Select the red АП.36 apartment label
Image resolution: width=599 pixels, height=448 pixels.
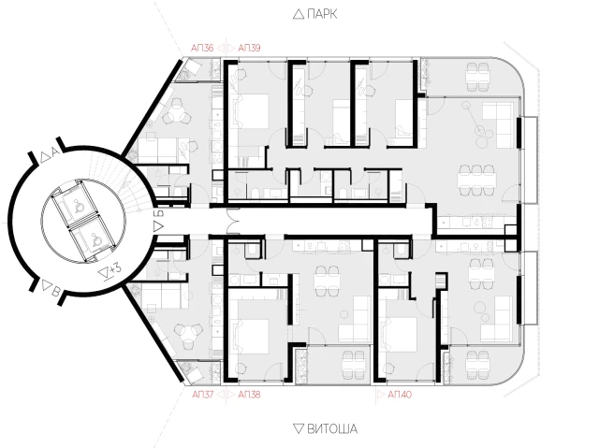[202, 48]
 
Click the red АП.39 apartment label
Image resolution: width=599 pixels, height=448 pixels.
[249, 48]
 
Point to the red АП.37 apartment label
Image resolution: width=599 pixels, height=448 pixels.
[202, 394]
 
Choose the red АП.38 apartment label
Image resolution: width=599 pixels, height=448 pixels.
[249, 394]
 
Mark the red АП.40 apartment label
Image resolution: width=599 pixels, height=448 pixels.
[400, 394]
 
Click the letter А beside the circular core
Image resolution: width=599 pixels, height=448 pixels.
[55, 152]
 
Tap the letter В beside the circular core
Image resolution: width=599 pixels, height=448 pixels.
[56, 293]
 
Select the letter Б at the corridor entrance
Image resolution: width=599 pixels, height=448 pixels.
[160, 213]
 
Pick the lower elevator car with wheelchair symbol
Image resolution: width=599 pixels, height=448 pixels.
[93, 239]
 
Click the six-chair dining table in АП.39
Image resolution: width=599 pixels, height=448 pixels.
[477, 180]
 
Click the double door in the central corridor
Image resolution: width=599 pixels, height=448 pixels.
[233, 220]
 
